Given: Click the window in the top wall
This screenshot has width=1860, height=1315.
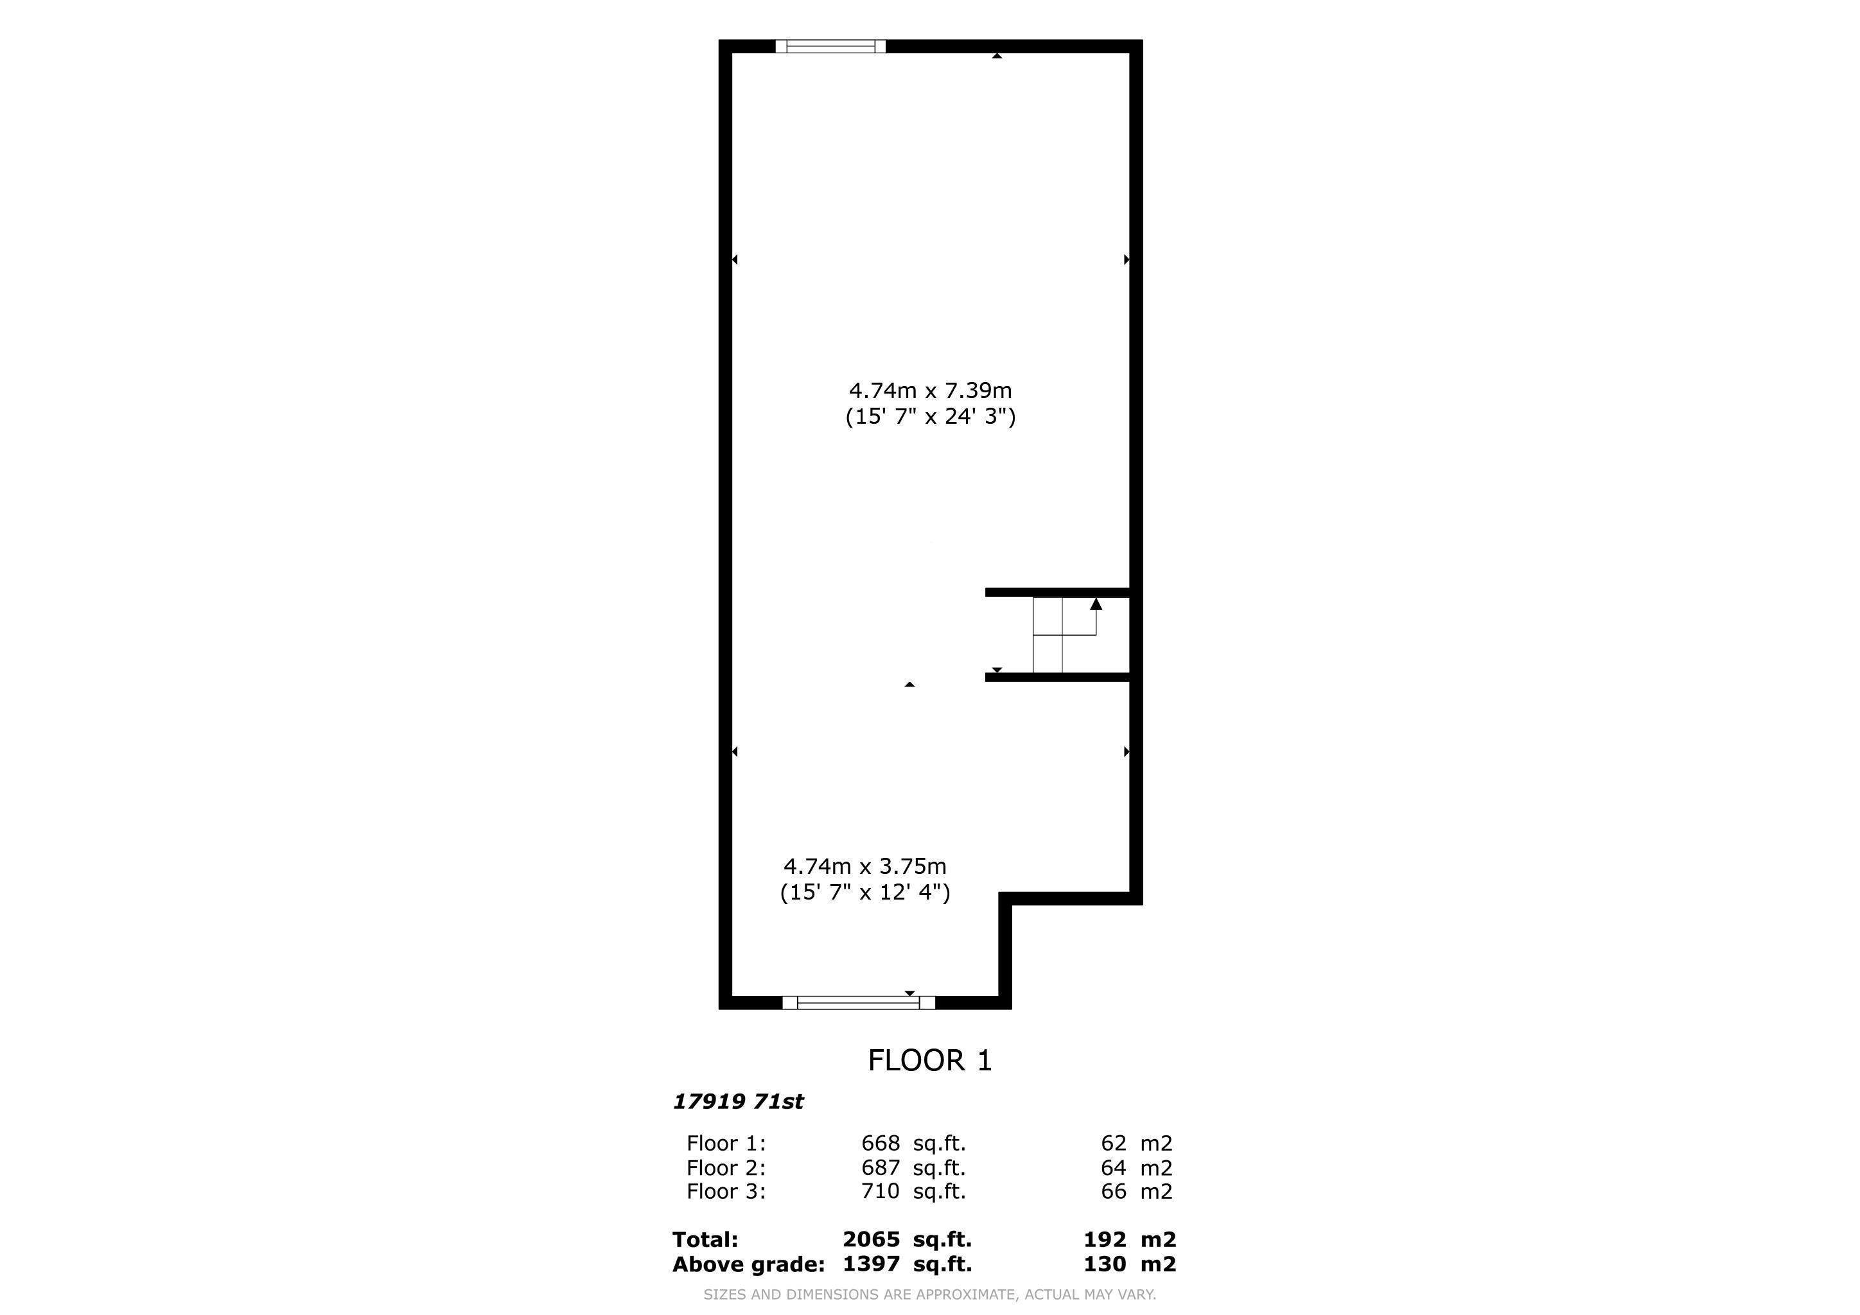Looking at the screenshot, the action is [830, 46].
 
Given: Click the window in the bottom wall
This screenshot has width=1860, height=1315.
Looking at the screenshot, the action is [859, 1002].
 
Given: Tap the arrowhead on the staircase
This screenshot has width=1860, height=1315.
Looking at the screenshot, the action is [1096, 604].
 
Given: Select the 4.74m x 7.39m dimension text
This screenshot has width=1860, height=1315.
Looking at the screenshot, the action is [930, 390].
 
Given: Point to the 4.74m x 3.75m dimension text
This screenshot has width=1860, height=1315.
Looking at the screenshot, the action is [864, 866].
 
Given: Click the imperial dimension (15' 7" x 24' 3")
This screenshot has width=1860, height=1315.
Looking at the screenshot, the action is [930, 417].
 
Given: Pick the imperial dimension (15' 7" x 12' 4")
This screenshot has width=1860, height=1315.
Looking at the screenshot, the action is [864, 893].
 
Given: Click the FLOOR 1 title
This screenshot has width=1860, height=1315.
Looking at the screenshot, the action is [930, 1061].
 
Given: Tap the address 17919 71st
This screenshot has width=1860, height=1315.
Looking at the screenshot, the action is [738, 1101].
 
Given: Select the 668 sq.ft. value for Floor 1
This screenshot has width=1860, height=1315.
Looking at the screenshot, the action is [913, 1144].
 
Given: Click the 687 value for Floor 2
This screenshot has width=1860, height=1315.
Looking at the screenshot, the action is [881, 1167].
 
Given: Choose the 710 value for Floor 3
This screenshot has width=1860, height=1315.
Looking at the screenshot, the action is [881, 1191].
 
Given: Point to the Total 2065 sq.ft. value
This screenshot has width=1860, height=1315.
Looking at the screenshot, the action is [908, 1240].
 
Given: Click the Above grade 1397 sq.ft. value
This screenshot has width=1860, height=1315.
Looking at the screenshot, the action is [908, 1264].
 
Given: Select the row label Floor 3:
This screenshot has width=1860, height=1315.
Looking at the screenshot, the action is [726, 1191].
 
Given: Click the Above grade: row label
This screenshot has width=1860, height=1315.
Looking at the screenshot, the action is [748, 1265].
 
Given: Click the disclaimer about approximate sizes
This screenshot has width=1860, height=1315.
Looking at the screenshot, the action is [930, 1294].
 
